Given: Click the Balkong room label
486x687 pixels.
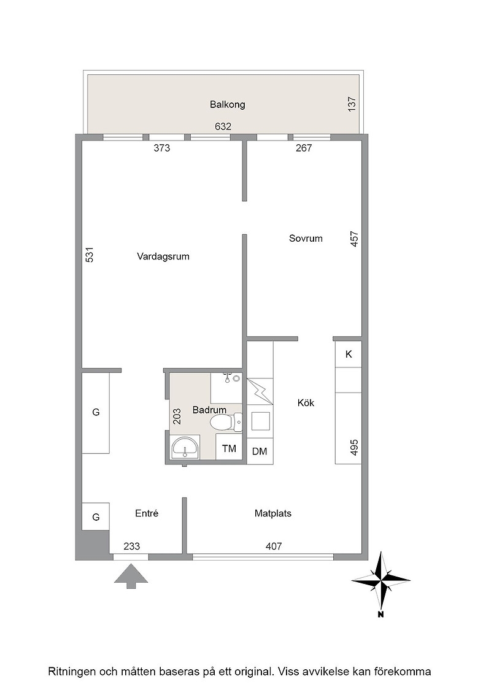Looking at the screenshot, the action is [227, 104].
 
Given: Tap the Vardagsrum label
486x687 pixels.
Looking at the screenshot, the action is [163, 256].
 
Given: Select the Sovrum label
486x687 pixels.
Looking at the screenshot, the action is [306, 239].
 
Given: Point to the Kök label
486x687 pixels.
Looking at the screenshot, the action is [306, 402].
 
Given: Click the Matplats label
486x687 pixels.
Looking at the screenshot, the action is [272, 513].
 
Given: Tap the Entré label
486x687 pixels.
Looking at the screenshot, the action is [147, 513].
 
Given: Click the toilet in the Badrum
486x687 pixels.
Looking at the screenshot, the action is [225, 423].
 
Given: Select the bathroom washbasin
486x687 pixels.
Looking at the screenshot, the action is [185, 447].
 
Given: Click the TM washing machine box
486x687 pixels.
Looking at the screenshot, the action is [229, 447].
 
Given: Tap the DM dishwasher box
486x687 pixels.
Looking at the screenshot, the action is [260, 451].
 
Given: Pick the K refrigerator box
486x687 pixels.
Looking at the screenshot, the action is [349, 355].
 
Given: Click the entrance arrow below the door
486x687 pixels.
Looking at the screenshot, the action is [131, 576].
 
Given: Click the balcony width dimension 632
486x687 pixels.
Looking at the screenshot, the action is [223, 126].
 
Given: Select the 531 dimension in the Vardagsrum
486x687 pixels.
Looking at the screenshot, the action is [90, 255].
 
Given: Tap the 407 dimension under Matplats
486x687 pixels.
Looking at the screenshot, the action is [274, 547].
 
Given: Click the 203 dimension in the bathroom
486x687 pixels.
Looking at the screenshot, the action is [177, 416].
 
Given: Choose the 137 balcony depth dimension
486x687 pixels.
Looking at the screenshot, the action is [352, 104].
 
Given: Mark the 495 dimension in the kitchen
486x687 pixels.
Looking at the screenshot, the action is [355, 447].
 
